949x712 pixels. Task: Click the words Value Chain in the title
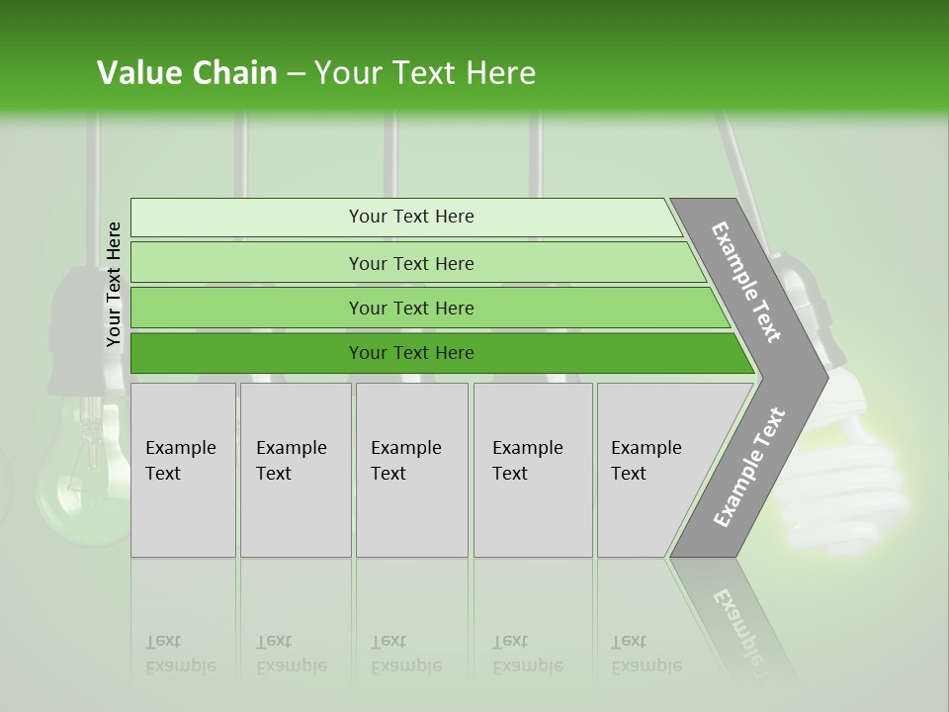tap(187, 73)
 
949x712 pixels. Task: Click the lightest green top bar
tap(410, 217)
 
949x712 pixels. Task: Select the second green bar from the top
tap(410, 263)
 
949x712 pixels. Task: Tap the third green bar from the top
tap(410, 308)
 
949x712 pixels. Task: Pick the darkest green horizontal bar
tap(410, 353)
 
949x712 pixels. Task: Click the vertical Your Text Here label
tap(114, 284)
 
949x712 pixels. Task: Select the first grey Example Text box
tap(183, 470)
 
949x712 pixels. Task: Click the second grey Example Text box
tap(296, 470)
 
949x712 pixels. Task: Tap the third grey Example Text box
tap(411, 470)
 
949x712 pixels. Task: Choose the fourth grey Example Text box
tap(533, 470)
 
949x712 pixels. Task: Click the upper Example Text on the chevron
tap(746, 282)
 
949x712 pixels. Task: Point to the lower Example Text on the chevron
tap(748, 468)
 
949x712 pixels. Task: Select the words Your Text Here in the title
tap(425, 73)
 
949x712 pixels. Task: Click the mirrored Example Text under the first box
tap(180, 655)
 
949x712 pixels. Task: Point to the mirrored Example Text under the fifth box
tap(646, 655)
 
